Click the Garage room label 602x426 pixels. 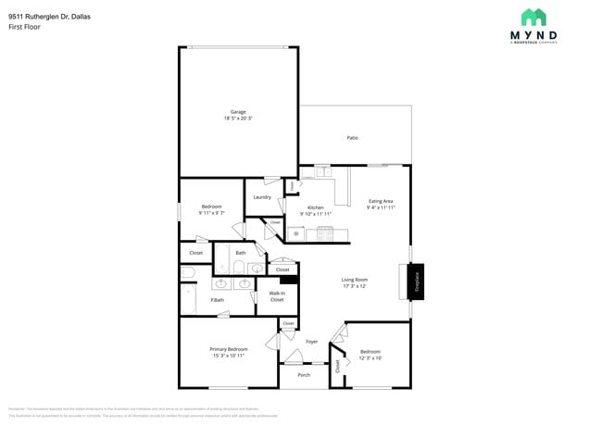click(x=238, y=112)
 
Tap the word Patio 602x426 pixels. click(x=352, y=138)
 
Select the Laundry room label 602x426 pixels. click(x=262, y=196)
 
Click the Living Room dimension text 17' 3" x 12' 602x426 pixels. click(x=354, y=285)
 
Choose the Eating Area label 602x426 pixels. click(x=382, y=201)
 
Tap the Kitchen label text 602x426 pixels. click(x=315, y=207)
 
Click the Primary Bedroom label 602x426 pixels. click(x=228, y=349)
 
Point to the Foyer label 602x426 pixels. click(x=312, y=342)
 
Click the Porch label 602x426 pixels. click(x=304, y=375)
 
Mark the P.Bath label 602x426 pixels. click(x=217, y=299)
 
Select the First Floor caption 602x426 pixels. click(x=25, y=27)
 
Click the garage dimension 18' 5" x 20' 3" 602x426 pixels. click(x=238, y=119)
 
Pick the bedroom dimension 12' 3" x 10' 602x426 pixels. click(x=370, y=357)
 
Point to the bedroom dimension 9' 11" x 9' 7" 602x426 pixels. click(x=211, y=212)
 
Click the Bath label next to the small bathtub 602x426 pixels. click(x=240, y=253)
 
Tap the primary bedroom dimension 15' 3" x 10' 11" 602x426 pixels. click(x=228, y=356)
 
